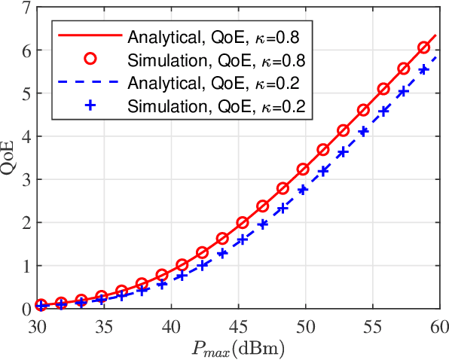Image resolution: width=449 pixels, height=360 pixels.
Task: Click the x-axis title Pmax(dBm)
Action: [238, 348]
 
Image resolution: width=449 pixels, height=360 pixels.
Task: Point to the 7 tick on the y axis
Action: [26, 9]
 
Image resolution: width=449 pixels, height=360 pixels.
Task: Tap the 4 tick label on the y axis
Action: [26, 137]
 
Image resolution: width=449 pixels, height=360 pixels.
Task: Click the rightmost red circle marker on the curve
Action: [424, 48]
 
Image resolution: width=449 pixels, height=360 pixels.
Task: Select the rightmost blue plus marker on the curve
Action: [424, 70]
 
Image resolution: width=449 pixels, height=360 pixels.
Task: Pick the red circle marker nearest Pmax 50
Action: [303, 169]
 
